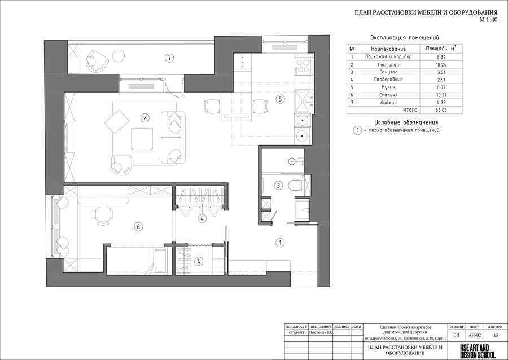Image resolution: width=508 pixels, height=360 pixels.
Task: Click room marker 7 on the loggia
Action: click(169, 58)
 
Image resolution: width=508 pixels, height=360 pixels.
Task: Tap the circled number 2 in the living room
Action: click(145, 118)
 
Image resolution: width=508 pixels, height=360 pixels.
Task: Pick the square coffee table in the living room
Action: click(142, 139)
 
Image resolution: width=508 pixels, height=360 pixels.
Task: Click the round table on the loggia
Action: click(119, 56)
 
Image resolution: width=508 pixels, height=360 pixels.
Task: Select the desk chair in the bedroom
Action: click(104, 215)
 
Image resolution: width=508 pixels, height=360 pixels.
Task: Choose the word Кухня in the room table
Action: click(388, 87)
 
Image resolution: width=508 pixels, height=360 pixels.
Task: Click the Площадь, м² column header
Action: click(440, 49)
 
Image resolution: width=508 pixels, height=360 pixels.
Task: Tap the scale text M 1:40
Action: click(488, 19)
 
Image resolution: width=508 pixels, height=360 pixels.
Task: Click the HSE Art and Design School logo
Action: click(478, 351)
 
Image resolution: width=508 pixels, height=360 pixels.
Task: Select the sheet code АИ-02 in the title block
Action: click(475, 335)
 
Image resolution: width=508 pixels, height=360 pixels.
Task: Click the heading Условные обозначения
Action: click(406, 122)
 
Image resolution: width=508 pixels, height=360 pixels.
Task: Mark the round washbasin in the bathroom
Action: click(292, 161)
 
